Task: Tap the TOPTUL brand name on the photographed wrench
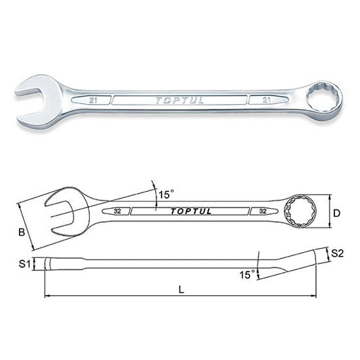pyautogui.click(x=178, y=101)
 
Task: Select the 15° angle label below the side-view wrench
pyautogui.click(x=247, y=274)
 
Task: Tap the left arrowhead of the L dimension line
pyautogui.click(x=47, y=295)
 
